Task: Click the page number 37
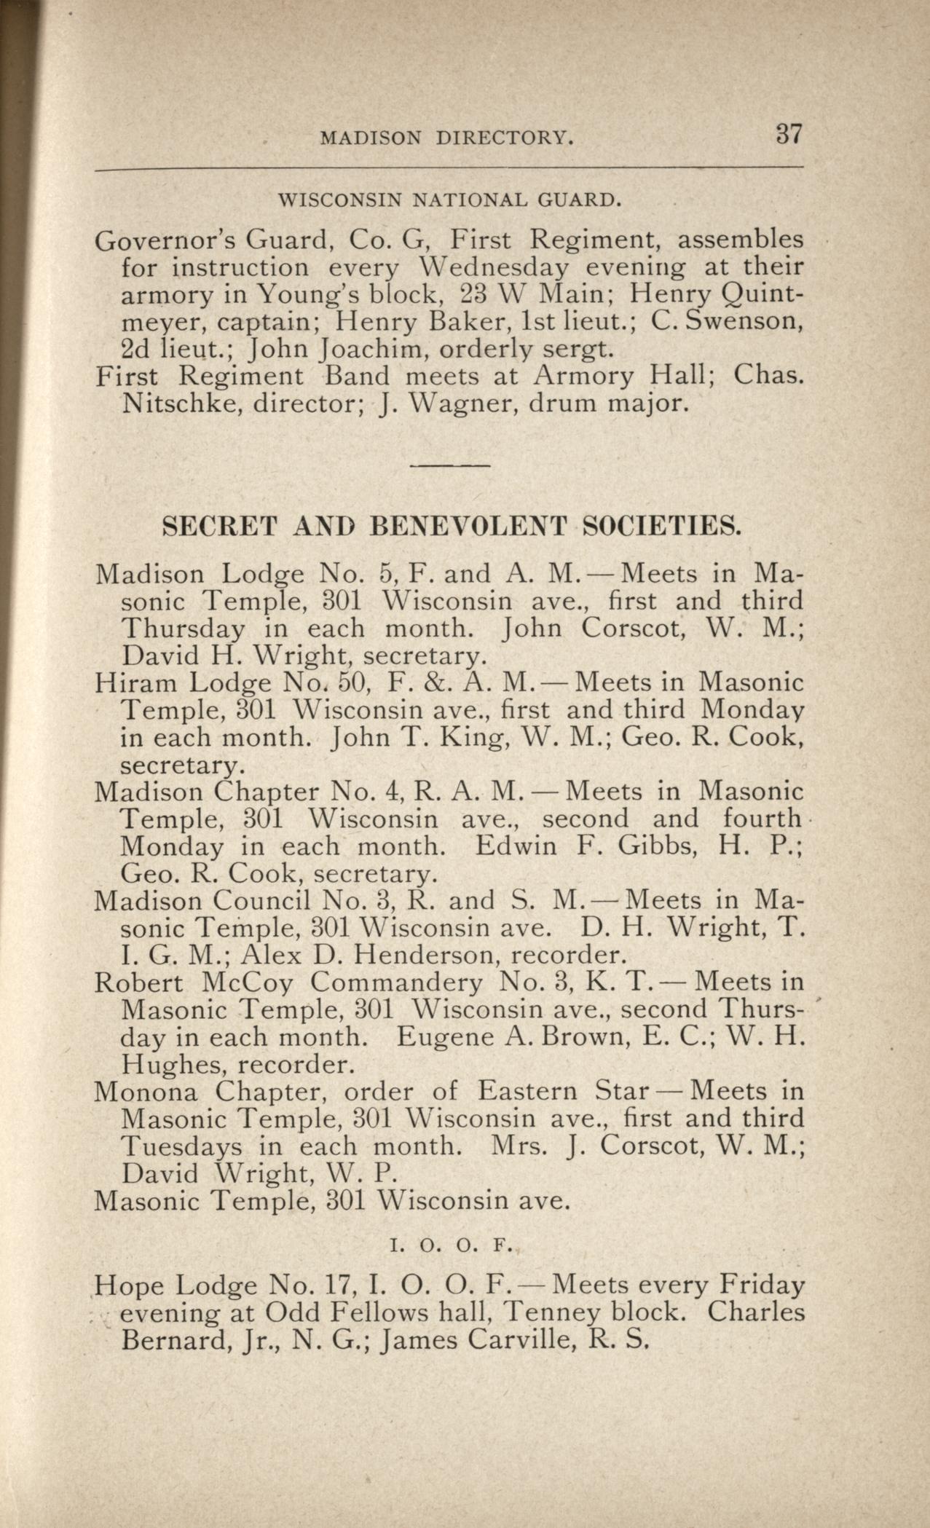point(789,135)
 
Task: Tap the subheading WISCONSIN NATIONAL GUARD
point(451,199)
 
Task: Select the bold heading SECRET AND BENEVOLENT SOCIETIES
point(452,527)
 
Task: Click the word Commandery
point(397,982)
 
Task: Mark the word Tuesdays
point(181,1147)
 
